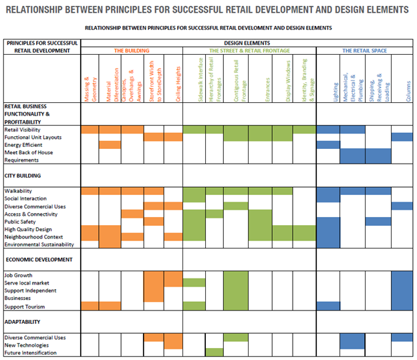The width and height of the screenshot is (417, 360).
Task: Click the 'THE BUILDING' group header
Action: (132, 51)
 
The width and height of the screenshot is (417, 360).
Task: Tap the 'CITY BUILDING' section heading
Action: (23, 176)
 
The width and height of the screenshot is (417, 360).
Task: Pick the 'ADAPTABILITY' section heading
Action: (24, 321)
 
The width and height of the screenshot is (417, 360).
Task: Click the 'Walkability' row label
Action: (19, 191)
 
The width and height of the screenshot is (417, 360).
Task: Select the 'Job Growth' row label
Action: (19, 275)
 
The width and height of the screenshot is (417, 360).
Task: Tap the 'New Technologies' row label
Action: (26, 345)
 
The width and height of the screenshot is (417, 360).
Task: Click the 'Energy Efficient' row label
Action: (24, 145)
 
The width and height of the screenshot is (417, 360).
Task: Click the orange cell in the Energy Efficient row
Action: (110, 145)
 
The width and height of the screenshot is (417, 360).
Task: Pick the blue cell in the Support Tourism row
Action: (328, 306)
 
